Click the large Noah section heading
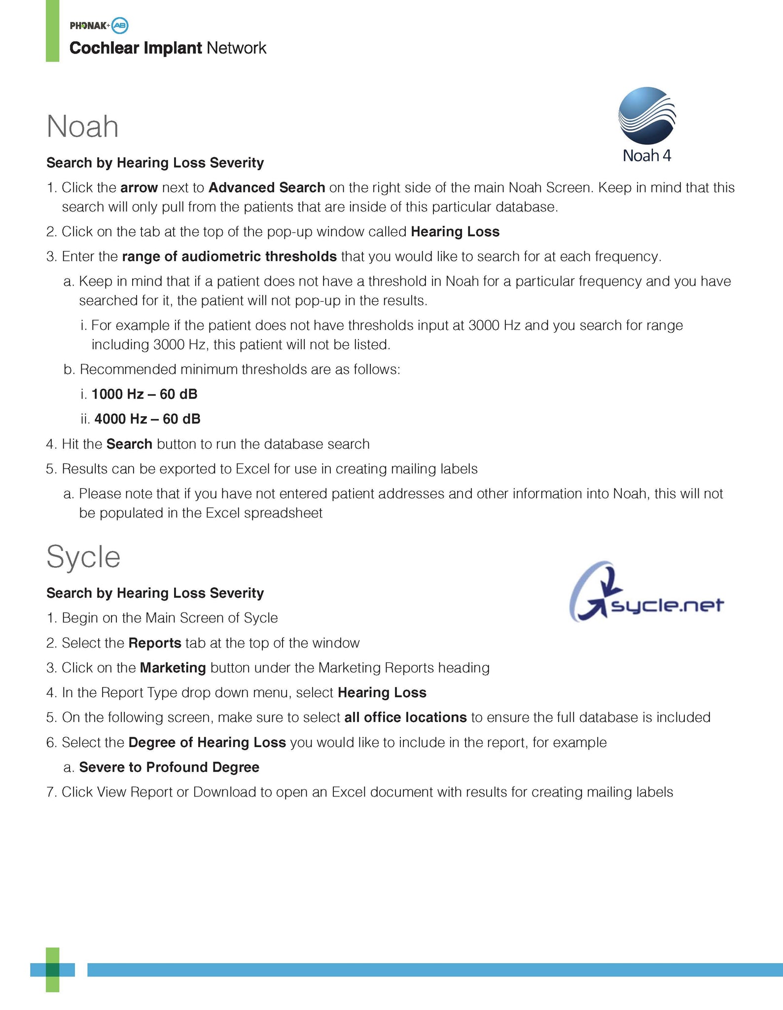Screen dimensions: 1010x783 pos(82,126)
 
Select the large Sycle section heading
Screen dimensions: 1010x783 pos(83,557)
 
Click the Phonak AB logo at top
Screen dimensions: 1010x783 pos(99,25)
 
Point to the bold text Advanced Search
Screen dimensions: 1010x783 pos(267,188)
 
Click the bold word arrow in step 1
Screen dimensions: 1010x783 pos(139,188)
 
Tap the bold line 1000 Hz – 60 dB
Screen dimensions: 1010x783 pos(144,394)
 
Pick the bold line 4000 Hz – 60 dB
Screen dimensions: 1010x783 pos(147,419)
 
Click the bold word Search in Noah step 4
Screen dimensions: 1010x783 pos(129,444)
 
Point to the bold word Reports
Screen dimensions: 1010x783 pos(155,643)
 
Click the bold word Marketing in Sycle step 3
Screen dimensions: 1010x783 pos(173,668)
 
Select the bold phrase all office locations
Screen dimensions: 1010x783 pos(405,718)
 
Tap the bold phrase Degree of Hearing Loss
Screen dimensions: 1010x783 pos(207,742)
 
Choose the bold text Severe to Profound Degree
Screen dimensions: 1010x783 pos(169,767)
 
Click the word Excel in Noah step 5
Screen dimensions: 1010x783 pos(252,469)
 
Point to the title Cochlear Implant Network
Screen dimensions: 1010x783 pos(168,48)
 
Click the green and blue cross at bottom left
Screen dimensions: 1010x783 pos(52,970)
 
